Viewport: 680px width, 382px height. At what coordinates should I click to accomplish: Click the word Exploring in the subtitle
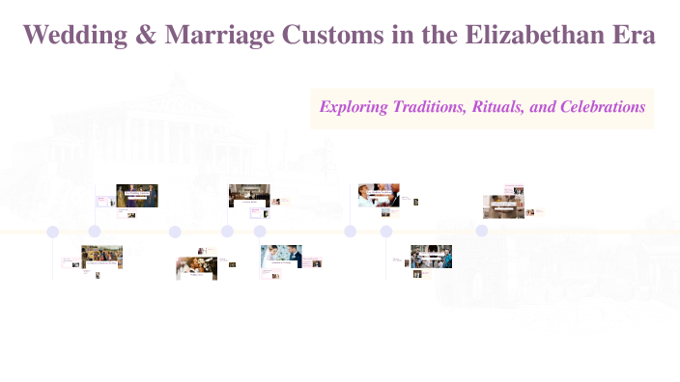(354, 107)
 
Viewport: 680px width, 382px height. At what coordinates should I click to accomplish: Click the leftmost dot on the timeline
(53, 232)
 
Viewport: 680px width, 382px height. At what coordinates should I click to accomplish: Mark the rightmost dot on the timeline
(482, 231)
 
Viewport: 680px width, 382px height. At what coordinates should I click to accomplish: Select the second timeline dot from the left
(95, 232)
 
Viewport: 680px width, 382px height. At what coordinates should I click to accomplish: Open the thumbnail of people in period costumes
(137, 196)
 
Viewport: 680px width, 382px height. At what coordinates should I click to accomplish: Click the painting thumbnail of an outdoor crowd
(101, 257)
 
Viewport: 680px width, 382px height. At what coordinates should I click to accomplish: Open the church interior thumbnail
(249, 196)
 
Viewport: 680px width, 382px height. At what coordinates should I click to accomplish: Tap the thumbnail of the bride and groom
(281, 256)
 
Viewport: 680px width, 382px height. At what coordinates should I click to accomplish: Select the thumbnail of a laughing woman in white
(379, 195)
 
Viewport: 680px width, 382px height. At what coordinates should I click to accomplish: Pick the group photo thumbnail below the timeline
(432, 256)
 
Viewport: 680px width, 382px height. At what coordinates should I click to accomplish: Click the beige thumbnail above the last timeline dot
(503, 206)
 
